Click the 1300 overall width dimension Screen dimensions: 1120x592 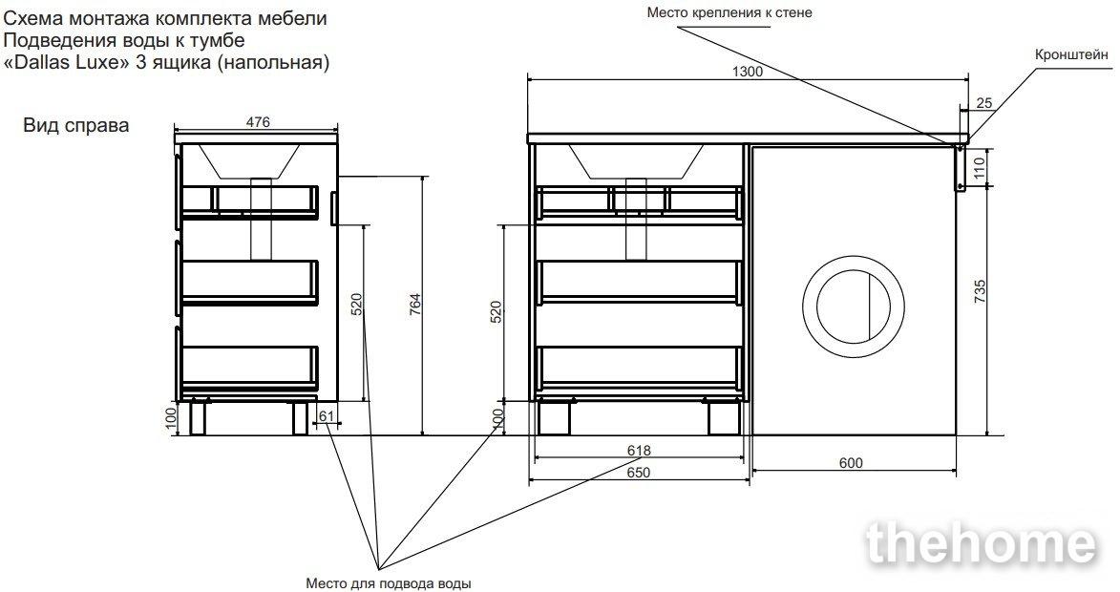pyautogui.click(x=748, y=72)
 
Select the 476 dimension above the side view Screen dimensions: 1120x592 pyautogui.click(x=258, y=122)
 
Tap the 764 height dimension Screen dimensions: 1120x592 pyautogui.click(x=415, y=305)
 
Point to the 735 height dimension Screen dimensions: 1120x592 pyautogui.click(x=980, y=291)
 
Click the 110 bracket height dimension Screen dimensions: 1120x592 pyautogui.click(x=980, y=167)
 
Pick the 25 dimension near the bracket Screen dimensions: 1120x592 pyautogui.click(x=984, y=103)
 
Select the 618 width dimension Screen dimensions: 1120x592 pyautogui.click(x=639, y=451)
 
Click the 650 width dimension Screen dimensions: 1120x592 pyautogui.click(x=639, y=472)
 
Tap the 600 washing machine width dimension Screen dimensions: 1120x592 pyautogui.click(x=851, y=463)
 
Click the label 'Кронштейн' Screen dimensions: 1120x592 pyautogui.click(x=1071, y=55)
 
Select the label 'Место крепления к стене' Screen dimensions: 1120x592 pyautogui.click(x=729, y=12)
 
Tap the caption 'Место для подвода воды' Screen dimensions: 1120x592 pyautogui.click(x=389, y=583)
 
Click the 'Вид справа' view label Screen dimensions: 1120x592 pyautogui.click(x=76, y=126)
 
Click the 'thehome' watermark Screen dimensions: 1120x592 pyautogui.click(x=982, y=545)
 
